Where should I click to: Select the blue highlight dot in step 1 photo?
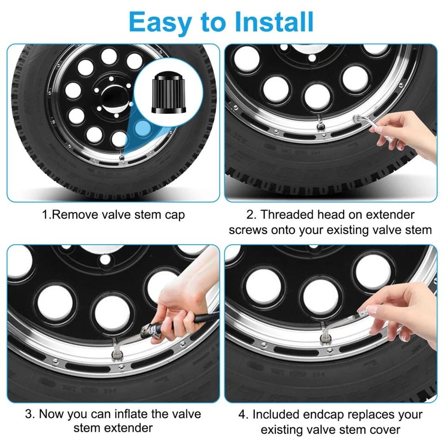(x=142, y=127)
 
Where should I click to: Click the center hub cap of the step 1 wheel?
(x=114, y=97)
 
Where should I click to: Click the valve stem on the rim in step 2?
(x=321, y=126)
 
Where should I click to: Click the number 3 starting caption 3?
(x=29, y=414)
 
